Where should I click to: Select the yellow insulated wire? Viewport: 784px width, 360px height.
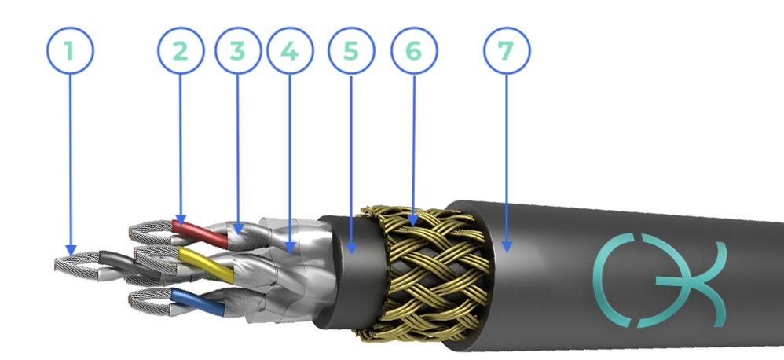tap(206, 264)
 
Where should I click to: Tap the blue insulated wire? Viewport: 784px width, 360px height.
tap(197, 302)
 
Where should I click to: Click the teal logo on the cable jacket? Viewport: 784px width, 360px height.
tap(660, 280)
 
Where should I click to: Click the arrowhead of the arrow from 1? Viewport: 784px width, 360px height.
tap(71, 250)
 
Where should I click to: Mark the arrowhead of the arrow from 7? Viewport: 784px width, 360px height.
tap(507, 247)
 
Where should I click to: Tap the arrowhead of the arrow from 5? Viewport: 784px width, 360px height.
tap(351, 248)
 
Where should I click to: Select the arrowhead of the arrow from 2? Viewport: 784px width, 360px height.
tap(181, 220)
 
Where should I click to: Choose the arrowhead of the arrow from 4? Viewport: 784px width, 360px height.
tap(291, 247)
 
